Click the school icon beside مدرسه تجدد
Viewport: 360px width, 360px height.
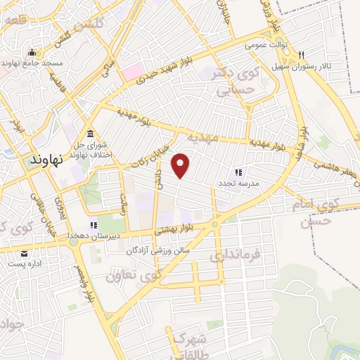point(238,172)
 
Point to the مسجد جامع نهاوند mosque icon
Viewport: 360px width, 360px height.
point(31,53)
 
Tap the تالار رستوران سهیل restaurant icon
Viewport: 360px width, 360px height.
point(301,55)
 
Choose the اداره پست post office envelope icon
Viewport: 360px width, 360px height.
point(25,254)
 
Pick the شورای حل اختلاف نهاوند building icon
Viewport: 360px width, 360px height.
point(89,134)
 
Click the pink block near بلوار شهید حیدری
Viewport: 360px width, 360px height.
point(131,71)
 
